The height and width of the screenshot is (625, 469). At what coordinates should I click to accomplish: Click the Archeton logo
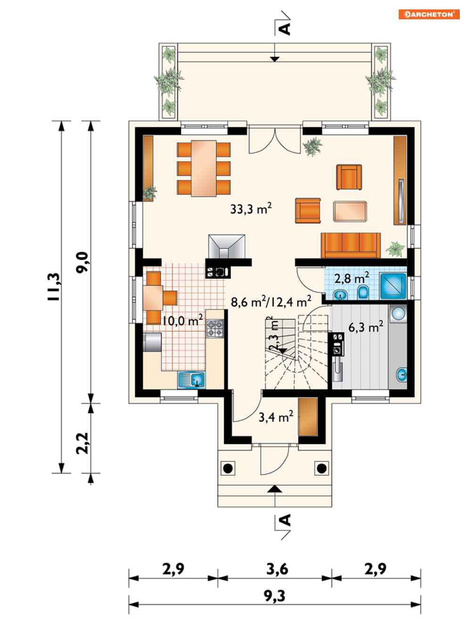428,14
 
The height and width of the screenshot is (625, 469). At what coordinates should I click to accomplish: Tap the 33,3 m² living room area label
251,209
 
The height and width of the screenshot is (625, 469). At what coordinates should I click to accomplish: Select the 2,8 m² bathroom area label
352,277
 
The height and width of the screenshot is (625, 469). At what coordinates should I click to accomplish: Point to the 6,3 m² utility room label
366,327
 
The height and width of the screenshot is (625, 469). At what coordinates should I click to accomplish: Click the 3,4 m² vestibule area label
276,417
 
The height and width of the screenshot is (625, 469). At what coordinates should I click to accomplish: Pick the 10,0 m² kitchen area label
182,320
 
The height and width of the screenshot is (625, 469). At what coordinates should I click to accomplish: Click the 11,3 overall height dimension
53,286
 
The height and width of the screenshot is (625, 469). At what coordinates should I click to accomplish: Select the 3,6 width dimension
277,569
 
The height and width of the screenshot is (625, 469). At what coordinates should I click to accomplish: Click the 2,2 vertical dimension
82,443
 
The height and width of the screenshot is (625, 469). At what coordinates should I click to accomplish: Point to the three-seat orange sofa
351,245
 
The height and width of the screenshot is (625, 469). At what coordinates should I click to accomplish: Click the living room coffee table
350,211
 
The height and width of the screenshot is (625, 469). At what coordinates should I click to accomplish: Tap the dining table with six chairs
204,168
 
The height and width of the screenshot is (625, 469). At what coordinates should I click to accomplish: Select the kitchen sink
191,380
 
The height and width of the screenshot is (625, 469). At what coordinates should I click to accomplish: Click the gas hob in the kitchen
215,329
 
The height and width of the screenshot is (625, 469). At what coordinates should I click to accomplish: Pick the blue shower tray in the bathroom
393,286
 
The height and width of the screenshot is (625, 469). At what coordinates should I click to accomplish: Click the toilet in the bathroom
363,292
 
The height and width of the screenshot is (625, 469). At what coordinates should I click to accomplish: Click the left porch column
228,468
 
